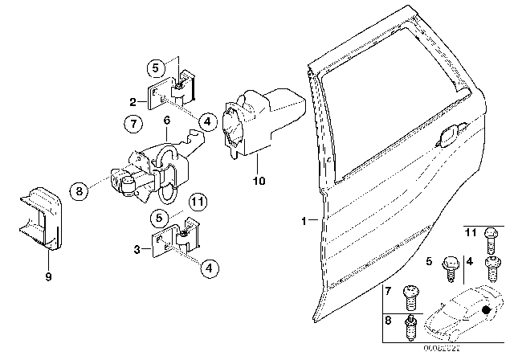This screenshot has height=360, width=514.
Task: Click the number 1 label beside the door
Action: tap(304, 219)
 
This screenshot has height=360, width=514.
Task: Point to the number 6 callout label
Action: tap(166, 120)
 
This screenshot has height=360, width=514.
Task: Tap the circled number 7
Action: tap(134, 125)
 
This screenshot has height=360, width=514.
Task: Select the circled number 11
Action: tap(198, 201)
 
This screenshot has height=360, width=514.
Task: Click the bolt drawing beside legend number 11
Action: tap(491, 239)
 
